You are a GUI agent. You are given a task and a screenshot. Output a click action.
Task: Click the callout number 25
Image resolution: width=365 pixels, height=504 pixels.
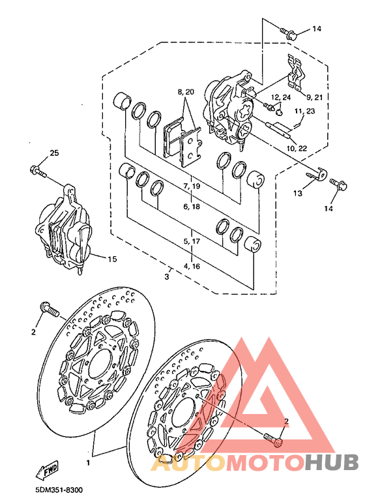[54, 153]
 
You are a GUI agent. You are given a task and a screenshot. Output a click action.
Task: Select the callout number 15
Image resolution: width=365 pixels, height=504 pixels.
[112, 259]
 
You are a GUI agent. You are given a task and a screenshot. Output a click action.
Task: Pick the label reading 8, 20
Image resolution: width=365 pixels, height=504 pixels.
[185, 92]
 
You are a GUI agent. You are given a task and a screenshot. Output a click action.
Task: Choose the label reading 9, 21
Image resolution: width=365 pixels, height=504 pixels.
[314, 96]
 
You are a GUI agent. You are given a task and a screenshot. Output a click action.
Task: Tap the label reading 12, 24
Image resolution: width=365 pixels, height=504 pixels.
[281, 97]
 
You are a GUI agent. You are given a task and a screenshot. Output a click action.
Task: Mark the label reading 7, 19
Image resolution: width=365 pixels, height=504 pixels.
[192, 186]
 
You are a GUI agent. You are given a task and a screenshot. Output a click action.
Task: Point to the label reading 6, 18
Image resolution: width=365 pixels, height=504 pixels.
[192, 206]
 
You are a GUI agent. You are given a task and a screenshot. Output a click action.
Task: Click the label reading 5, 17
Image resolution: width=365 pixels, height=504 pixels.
[192, 241]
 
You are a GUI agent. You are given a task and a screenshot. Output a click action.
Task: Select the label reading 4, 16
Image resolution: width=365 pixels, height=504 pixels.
[192, 266]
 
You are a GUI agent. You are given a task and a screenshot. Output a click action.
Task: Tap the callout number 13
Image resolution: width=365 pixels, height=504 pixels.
[297, 194]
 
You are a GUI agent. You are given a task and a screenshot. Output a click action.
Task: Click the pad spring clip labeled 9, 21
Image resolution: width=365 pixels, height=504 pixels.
[297, 72]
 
